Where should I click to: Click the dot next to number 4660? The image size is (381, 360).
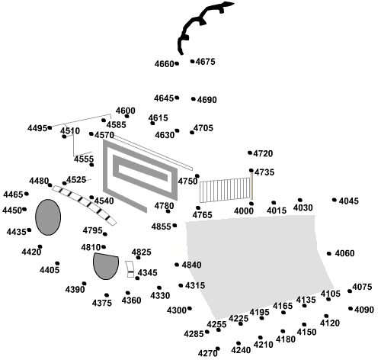click(x=177, y=63)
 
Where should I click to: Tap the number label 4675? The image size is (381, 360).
click(x=206, y=62)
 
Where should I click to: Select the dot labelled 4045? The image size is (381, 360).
click(x=335, y=200)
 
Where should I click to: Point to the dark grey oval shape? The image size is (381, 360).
click(x=48, y=217)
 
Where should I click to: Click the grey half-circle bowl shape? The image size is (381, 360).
click(x=106, y=266)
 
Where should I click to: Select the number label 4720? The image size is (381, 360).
click(x=263, y=154)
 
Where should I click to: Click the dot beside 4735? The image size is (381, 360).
click(x=251, y=170)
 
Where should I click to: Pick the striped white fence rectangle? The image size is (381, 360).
click(x=225, y=190)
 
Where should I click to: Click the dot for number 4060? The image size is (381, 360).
click(x=329, y=253)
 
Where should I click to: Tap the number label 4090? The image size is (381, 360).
click(x=364, y=310)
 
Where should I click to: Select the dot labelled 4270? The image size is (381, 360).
click(x=218, y=349)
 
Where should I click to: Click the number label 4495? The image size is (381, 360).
click(x=37, y=128)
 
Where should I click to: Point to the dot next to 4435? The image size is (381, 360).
click(x=29, y=230)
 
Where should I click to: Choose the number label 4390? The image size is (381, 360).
click(x=75, y=290)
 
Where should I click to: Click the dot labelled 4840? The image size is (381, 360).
click(x=177, y=265)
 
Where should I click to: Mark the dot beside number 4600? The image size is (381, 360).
click(x=126, y=116)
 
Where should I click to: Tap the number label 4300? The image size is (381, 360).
click(x=177, y=310)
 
